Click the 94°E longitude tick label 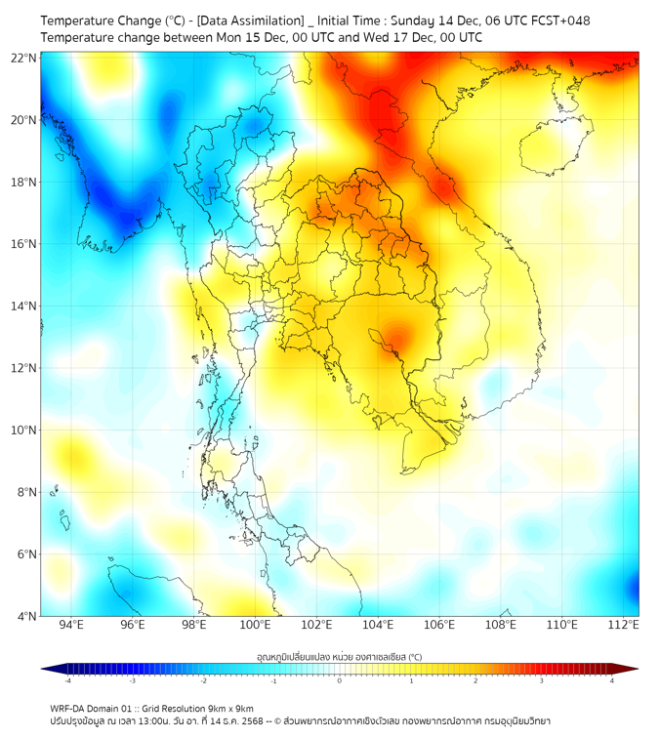click(71, 626)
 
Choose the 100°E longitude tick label click(255, 626)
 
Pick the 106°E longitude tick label click(439, 626)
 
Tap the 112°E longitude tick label click(623, 626)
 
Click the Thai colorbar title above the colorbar click(339, 656)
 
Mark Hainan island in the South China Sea click(551, 150)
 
